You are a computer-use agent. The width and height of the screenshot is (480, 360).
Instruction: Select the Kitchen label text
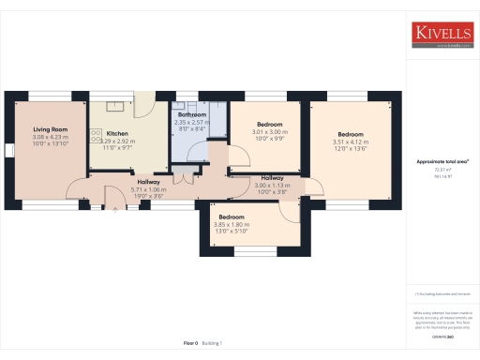click(116, 134)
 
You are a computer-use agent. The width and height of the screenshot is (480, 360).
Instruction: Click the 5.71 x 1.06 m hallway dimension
click(148, 189)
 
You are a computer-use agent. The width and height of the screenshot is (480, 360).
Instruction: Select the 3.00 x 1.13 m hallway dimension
click(273, 185)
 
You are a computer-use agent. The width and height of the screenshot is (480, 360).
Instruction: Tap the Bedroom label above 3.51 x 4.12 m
click(350, 134)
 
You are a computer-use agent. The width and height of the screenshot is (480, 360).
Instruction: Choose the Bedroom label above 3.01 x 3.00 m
click(270, 125)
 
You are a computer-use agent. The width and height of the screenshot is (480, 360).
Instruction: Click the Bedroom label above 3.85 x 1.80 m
click(232, 217)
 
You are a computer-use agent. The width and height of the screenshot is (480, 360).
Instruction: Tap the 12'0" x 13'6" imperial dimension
click(350, 149)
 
